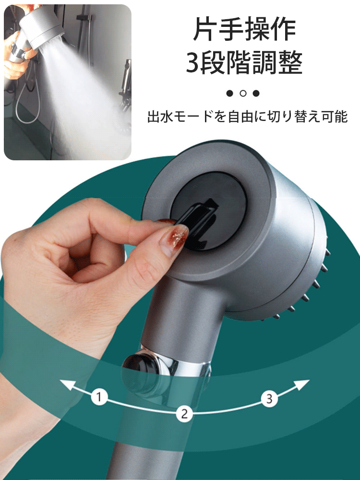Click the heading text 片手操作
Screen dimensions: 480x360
[x=244, y=29]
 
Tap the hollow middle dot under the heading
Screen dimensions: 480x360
[x=243, y=93]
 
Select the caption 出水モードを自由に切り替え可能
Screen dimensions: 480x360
[x=247, y=117]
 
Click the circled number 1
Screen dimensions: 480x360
[x=99, y=397]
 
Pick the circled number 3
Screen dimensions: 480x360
[x=269, y=397]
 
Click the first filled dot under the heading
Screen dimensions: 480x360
[x=230, y=93]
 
